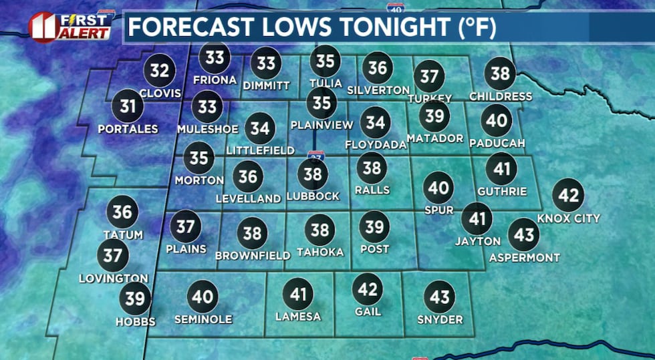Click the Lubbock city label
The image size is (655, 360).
pyautogui.click(x=313, y=196)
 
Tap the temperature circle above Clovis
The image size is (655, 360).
pyautogui.click(x=160, y=70)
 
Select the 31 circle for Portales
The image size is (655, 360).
pyautogui.click(x=128, y=106)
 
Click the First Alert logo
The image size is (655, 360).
pyautogui.click(x=70, y=25)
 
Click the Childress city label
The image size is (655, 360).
pyautogui.click(x=501, y=96)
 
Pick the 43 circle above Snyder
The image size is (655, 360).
pyautogui.click(x=439, y=297)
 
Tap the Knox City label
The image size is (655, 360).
pyautogui.click(x=569, y=218)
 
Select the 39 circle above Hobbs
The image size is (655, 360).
pyautogui.click(x=135, y=299)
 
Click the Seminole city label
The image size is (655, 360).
pyautogui.click(x=203, y=319)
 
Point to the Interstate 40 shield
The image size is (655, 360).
pyautogui.click(x=395, y=8)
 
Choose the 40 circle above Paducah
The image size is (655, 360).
pyautogui.click(x=497, y=121)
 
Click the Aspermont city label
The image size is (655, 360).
pyautogui.click(x=524, y=257)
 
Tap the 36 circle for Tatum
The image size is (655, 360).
pyautogui.click(x=122, y=212)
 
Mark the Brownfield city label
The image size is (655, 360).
pyautogui.click(x=253, y=255)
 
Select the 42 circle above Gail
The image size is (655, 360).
pyautogui.click(x=368, y=289)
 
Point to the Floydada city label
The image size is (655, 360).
pyautogui.click(x=376, y=144)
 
